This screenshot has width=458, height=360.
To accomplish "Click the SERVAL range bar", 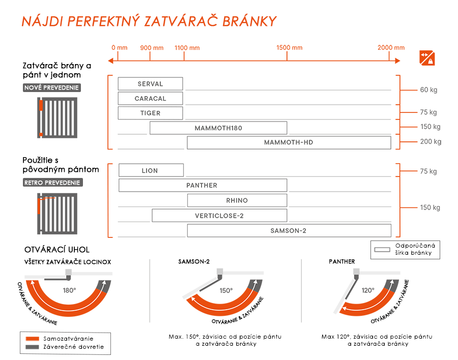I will pos(150,84).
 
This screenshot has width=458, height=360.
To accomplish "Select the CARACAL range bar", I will pos(150,98).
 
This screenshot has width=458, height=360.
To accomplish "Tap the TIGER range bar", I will pos(150,113).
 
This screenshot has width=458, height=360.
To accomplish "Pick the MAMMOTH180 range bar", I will pos(218,128).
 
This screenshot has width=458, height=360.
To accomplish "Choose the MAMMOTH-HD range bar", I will pos(289,142).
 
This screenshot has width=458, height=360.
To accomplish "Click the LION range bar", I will pos(151,170).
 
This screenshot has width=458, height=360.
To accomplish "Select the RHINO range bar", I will pos(237,200).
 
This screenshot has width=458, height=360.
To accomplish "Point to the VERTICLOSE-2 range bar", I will pos(219,216).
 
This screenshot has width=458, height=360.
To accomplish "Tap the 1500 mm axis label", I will pos(290,48).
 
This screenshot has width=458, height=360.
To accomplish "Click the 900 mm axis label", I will pos(152,48).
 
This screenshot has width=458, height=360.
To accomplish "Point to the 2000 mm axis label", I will pos(391,48).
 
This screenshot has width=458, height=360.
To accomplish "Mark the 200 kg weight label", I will pos(431,142).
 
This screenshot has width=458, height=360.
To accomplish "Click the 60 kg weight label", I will pos(428,90).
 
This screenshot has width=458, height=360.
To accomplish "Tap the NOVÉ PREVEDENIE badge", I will pos(52,88).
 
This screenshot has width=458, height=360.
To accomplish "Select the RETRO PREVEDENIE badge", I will pos(52,183).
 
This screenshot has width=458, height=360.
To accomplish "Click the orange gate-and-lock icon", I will pos(427,58).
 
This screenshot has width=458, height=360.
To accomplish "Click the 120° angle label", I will pos(367,290).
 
